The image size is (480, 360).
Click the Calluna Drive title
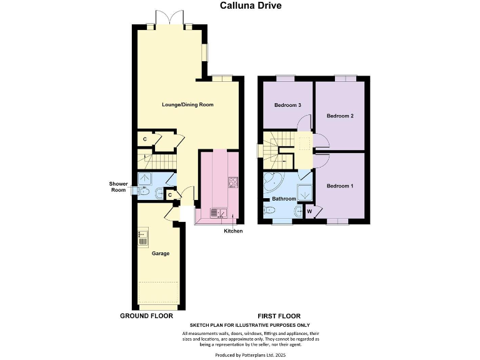point(251,6)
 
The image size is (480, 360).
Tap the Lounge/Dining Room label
point(187,104)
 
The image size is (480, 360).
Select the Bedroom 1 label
point(340,186)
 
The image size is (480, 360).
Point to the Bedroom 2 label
point(340,116)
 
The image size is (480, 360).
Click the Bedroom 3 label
point(287,104)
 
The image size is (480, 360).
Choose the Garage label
point(161,253)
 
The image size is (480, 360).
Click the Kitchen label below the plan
point(233,231)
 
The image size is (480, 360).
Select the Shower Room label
point(118,187)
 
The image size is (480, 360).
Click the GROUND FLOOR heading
point(146,316)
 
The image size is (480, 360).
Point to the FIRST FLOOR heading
point(279,316)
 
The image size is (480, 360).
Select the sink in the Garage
point(143,237)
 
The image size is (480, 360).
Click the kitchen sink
point(216,212)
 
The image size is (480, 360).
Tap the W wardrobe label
point(309,211)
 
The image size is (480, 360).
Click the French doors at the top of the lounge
point(169,19)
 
